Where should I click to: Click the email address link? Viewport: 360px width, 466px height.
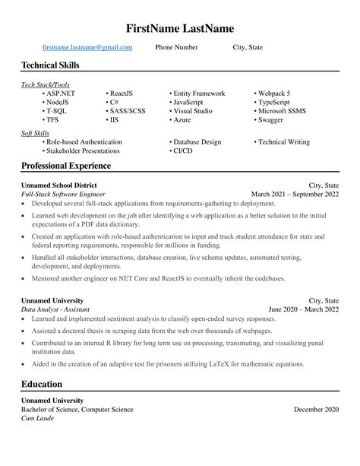(x=87, y=47)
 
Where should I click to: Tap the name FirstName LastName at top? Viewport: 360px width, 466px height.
(x=180, y=28)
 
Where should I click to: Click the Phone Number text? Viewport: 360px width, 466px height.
(x=176, y=47)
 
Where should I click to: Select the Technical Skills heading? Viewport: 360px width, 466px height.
(x=50, y=66)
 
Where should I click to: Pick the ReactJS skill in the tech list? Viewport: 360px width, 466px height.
(x=122, y=94)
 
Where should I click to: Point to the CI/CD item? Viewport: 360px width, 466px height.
(x=182, y=151)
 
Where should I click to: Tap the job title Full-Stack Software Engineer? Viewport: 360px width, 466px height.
(x=68, y=194)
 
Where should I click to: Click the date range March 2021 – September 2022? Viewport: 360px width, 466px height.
(x=295, y=194)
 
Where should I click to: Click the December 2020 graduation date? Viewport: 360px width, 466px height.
(x=317, y=410)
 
